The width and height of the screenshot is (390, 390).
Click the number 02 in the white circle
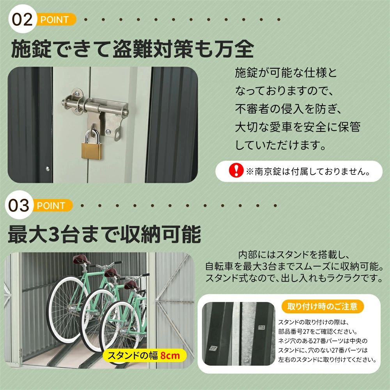click(22, 19)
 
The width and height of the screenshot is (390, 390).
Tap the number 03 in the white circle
click(19, 206)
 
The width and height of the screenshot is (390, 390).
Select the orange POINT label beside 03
click(51, 206)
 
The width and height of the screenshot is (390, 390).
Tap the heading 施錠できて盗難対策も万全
click(132, 49)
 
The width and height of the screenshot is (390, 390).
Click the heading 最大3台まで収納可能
click(104, 234)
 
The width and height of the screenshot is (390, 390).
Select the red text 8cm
click(170, 355)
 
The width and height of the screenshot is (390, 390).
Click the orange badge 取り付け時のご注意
click(323, 306)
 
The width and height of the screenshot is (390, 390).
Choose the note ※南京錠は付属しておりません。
click(308, 171)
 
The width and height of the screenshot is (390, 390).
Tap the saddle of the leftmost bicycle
click(82, 260)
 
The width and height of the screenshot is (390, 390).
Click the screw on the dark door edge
click(48, 169)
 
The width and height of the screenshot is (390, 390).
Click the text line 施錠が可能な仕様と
click(286, 73)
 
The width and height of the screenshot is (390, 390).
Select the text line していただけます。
click(280, 145)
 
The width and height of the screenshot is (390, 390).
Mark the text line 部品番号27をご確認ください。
click(318, 331)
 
